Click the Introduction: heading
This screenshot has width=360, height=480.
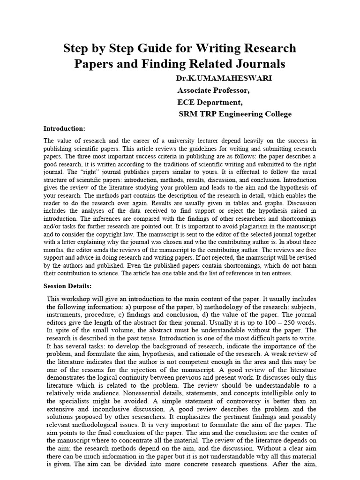(64, 128)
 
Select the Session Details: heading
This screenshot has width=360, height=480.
(67, 286)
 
